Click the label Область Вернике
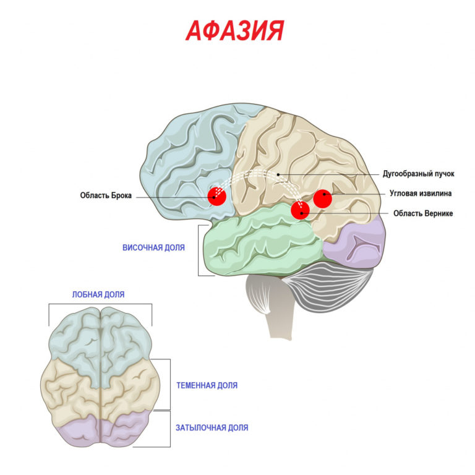point(423,213)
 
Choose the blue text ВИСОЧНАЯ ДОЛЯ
point(154,247)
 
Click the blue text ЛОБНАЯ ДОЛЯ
point(99,294)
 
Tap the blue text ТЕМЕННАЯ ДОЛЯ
point(207,385)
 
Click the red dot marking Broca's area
point(216,196)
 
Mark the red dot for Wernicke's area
point(300,210)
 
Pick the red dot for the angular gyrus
point(323,199)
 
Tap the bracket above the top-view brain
point(100,305)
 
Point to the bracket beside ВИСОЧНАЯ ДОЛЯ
point(200,250)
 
